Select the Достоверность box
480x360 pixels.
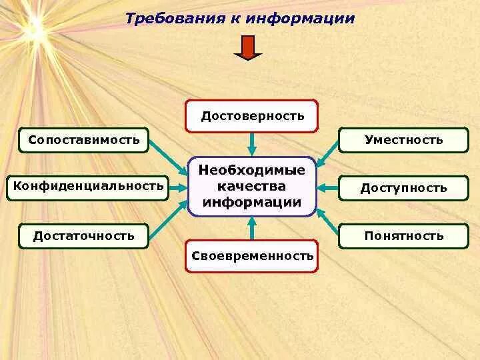click(251, 116)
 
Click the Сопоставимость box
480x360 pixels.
click(84, 140)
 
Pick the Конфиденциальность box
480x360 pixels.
click(88, 186)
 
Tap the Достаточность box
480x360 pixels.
click(84, 235)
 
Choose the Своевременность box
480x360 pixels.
click(251, 255)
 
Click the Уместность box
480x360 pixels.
click(403, 140)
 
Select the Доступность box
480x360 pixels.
click(403, 188)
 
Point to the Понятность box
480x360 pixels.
click(403, 235)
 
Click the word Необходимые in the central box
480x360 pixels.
click(252, 170)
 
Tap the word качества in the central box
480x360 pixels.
click(252, 186)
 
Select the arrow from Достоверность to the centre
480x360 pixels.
click(252, 143)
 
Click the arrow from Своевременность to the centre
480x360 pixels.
click(252, 227)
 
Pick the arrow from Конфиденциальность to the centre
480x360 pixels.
click(179, 187)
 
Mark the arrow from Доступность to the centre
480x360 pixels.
click(327, 187)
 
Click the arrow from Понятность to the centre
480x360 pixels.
click(327, 221)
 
